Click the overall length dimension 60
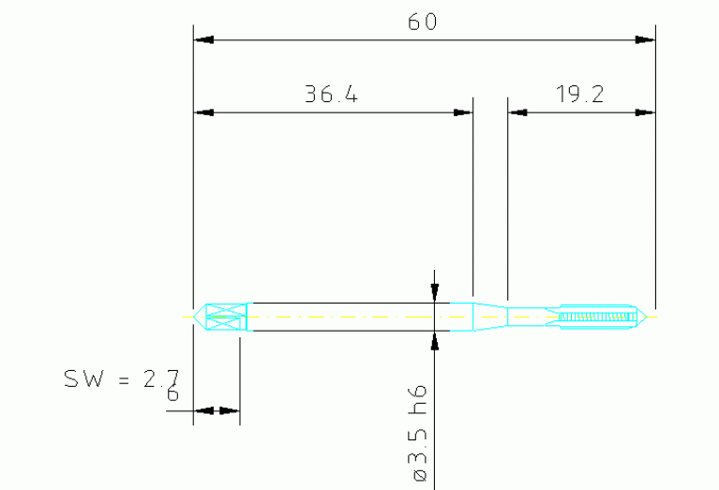[x=423, y=22]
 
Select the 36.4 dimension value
[x=331, y=94]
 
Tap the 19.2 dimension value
[x=579, y=94]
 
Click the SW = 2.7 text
[x=121, y=379]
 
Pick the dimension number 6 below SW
[x=172, y=394]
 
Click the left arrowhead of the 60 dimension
[x=204, y=40]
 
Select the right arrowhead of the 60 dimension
[x=645, y=40]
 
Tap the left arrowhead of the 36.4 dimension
[x=204, y=112]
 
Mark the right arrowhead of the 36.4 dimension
[x=462, y=112]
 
